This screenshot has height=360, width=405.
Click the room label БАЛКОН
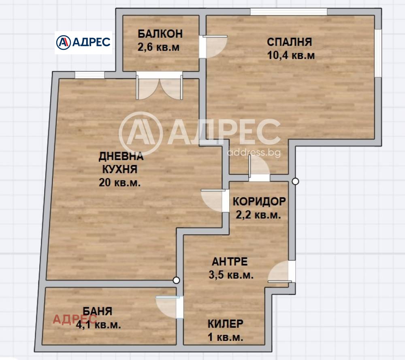160,33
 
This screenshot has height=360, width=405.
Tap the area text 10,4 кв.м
291,56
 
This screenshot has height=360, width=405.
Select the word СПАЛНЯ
289,42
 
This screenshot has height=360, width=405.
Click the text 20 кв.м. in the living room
120,182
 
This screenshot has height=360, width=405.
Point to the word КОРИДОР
259,201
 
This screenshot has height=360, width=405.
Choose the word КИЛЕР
226,324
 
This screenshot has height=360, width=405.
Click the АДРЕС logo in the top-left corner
83,42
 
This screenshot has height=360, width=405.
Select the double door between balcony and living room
159,86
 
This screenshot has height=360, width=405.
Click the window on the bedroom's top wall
288,12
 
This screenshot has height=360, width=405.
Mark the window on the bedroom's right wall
377,53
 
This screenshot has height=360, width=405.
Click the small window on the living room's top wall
90,75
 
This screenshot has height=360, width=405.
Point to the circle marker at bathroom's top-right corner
176,280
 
